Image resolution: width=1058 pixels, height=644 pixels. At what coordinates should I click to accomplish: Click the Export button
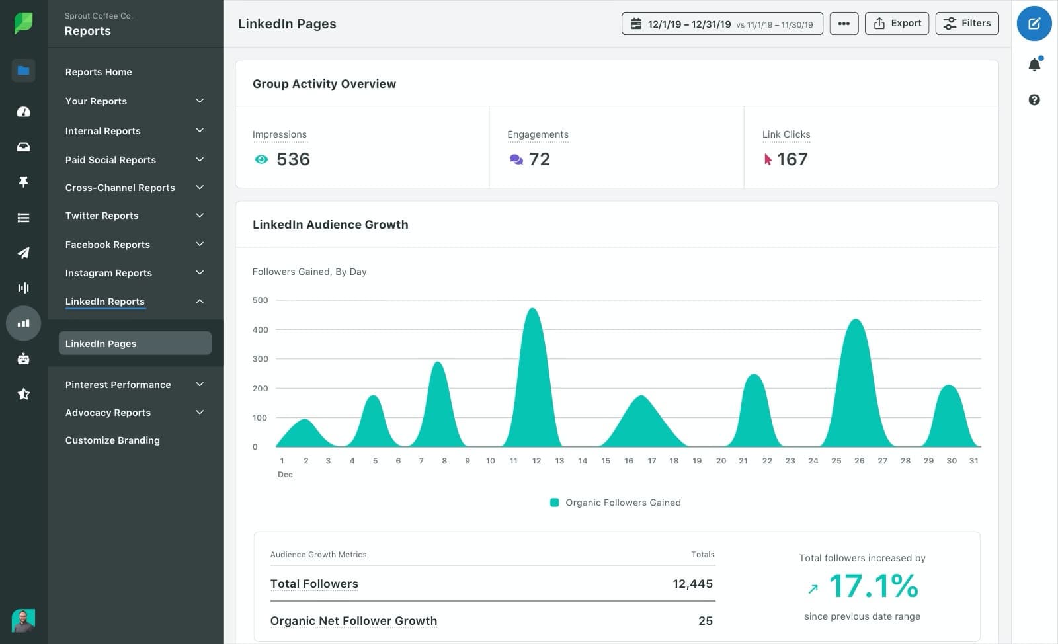[x=897, y=24]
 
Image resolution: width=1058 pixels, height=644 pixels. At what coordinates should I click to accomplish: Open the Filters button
[x=967, y=24]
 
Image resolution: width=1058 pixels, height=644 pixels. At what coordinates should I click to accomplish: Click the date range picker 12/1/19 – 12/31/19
[x=721, y=24]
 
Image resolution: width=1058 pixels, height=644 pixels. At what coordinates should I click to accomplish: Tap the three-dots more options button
[x=844, y=24]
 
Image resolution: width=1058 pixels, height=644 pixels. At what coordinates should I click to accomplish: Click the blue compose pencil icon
[x=1034, y=24]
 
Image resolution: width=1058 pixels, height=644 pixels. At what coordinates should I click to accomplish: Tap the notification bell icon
[x=1034, y=64]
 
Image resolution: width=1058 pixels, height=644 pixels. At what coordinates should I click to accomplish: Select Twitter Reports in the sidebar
[x=102, y=216]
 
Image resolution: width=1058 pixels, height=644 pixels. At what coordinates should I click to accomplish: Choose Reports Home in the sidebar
[x=99, y=72]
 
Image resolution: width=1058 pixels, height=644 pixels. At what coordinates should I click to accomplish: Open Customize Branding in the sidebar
[x=112, y=440]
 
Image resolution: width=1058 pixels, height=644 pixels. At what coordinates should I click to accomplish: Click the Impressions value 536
[x=293, y=159]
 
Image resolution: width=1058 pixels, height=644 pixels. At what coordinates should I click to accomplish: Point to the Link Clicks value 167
[x=792, y=159]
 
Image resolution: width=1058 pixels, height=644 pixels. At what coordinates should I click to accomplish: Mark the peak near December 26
[x=856, y=321]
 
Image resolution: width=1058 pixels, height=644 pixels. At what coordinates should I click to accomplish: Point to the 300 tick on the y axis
[x=260, y=359]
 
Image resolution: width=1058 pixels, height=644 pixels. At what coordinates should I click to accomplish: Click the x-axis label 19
[x=697, y=461]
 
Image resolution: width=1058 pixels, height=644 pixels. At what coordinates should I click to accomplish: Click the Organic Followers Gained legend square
[x=555, y=503]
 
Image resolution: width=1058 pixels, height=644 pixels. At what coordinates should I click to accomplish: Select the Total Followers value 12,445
[x=692, y=584]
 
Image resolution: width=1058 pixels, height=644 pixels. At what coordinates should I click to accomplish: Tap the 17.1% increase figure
[x=873, y=586]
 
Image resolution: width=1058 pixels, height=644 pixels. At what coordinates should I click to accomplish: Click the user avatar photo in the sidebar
[x=23, y=621]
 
